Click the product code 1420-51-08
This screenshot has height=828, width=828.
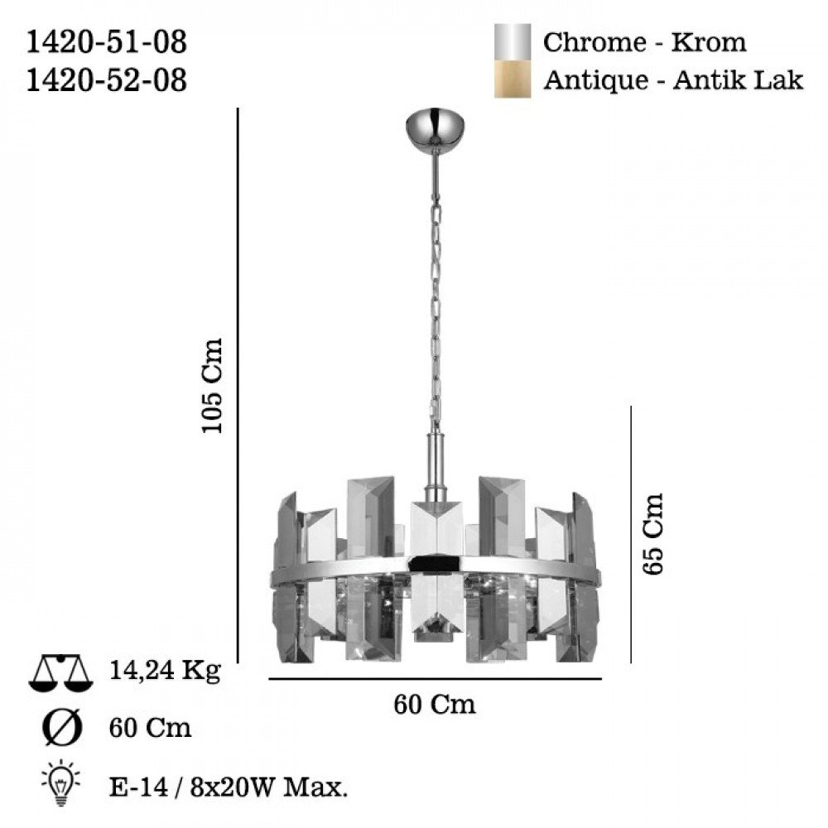click(107, 42)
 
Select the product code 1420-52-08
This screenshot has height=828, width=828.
click(107, 81)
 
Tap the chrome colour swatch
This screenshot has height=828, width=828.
click(513, 41)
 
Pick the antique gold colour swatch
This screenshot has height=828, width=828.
click(513, 79)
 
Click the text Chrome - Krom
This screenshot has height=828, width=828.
click(645, 42)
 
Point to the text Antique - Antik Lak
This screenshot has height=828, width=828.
click(673, 80)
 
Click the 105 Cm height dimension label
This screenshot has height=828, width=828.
click(213, 386)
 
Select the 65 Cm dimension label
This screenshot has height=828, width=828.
click(652, 534)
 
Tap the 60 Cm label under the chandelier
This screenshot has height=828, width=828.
click(435, 705)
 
